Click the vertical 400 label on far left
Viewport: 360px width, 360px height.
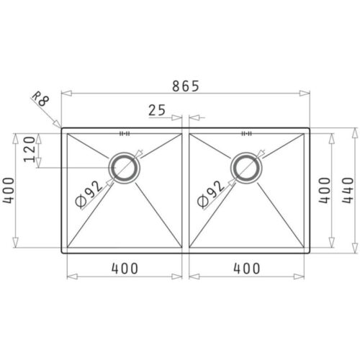coord(9,190)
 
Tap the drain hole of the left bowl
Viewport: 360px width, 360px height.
coord(126,167)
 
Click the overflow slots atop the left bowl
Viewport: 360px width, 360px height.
coord(125,133)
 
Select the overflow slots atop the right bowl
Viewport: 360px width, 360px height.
coord(247,133)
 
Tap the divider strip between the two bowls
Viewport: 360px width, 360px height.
coord(185,191)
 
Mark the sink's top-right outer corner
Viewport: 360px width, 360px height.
coord(310,130)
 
